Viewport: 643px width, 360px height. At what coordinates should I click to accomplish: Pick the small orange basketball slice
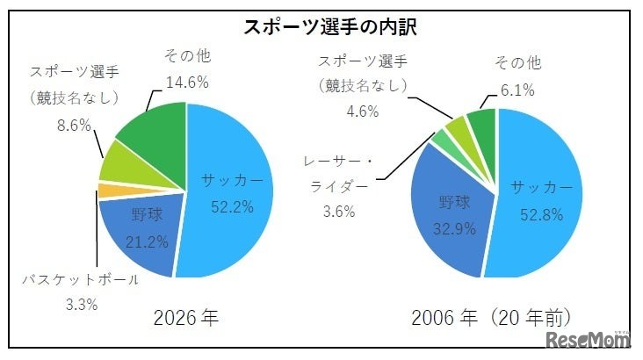pos(105,190)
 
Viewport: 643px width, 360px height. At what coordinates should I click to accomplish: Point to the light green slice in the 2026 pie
pos(118,162)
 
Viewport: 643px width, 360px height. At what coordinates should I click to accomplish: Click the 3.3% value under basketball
pos(80,306)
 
